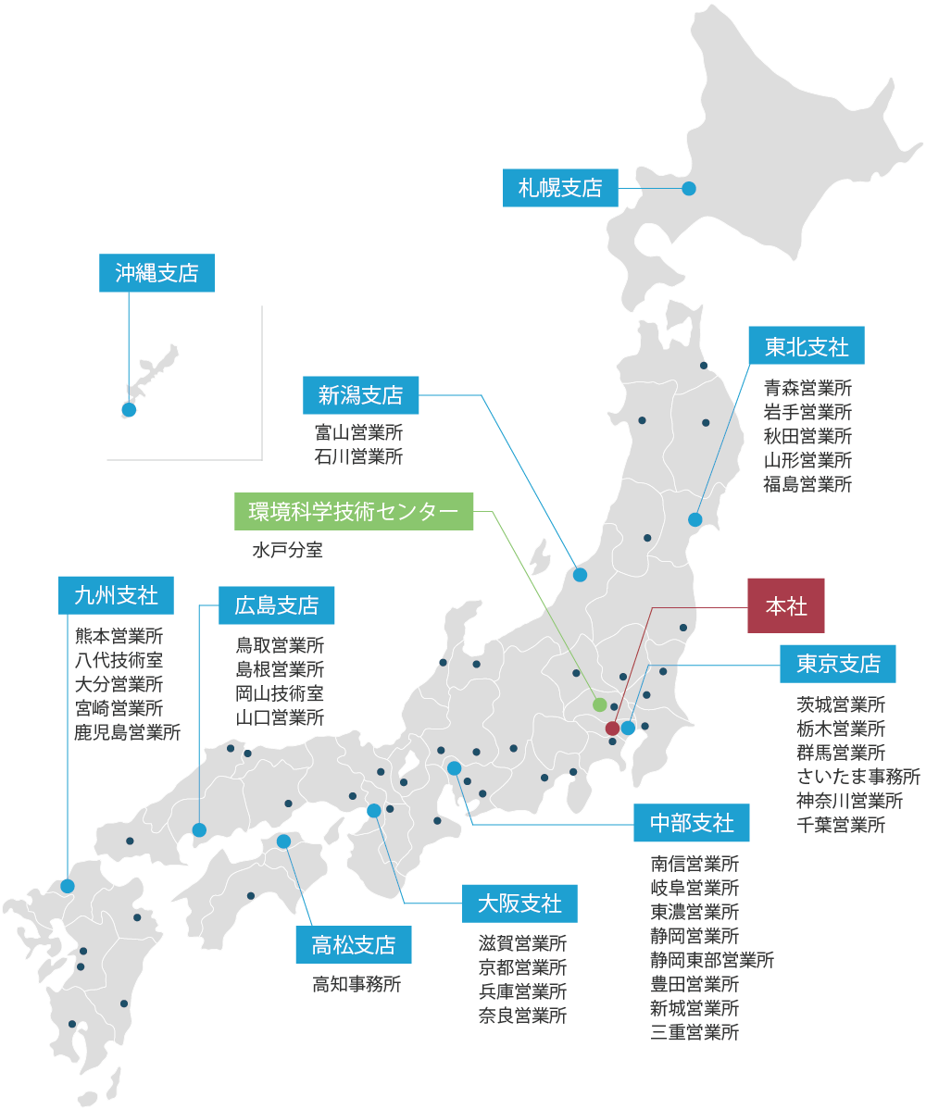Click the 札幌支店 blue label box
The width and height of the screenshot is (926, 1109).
point(560,188)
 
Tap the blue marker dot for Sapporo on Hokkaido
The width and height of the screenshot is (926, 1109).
point(689,189)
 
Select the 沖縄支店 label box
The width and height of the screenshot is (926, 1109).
point(156,273)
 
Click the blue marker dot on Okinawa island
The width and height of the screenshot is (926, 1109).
point(129,410)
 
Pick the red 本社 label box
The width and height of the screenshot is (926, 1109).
point(786,606)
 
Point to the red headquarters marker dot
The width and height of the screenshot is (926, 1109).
point(612,729)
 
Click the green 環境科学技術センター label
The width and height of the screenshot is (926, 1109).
point(354,511)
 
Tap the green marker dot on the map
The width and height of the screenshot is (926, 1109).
point(600,705)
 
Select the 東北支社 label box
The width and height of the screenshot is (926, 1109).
point(807,346)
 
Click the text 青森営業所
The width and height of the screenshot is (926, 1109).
point(807,388)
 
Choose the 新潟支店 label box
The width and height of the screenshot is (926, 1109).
point(360,395)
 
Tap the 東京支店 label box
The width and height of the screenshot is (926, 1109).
point(838,663)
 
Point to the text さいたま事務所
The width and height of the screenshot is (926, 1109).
point(858,776)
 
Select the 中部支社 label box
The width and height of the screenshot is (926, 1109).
point(692,823)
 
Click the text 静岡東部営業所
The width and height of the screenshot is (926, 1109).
point(712,960)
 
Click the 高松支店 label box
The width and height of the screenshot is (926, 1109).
point(353,944)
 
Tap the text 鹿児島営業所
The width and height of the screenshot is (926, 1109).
point(128,732)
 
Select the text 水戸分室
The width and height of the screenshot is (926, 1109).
point(287,551)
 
